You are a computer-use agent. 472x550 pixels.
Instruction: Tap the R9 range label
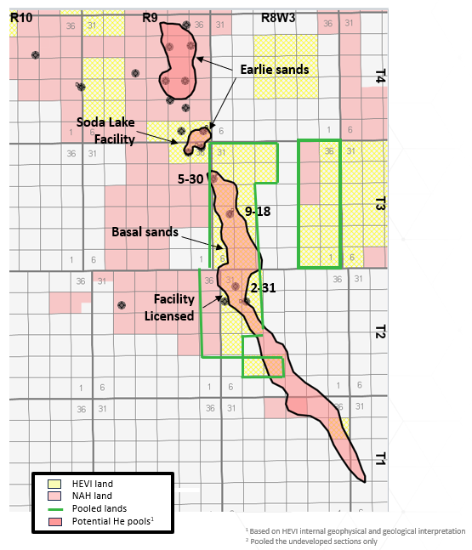pyautogui.click(x=151, y=16)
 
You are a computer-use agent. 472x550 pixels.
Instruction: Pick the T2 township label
pyautogui.click(x=379, y=332)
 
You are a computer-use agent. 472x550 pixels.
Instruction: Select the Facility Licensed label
pyautogui.click(x=173, y=307)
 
